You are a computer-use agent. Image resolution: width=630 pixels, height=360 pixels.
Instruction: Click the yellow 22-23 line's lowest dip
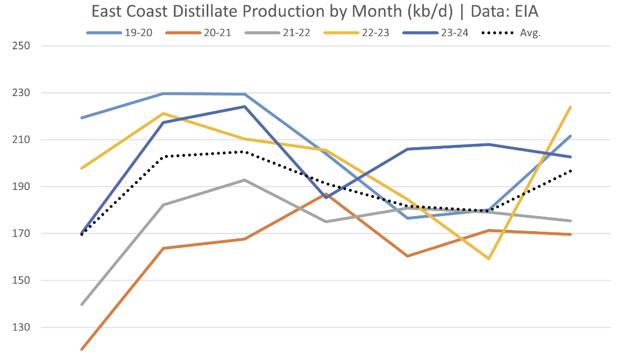489,258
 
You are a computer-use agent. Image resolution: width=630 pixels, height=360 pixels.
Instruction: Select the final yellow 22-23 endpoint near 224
571,107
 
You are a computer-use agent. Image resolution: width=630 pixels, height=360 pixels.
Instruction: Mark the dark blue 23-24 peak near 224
244,107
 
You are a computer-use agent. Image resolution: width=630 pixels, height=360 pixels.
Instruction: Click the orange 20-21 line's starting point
82,349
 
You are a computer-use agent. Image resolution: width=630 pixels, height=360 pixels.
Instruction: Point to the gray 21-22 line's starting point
82,304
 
